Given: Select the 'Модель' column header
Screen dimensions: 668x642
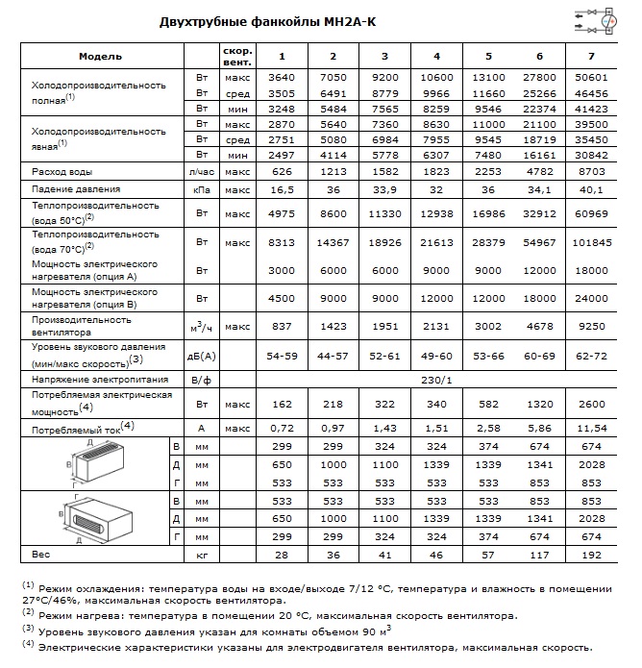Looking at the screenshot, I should (101, 57).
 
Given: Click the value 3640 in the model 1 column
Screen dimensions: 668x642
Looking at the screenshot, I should (281, 78).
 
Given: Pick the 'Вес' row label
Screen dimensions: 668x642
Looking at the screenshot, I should (40, 555).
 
